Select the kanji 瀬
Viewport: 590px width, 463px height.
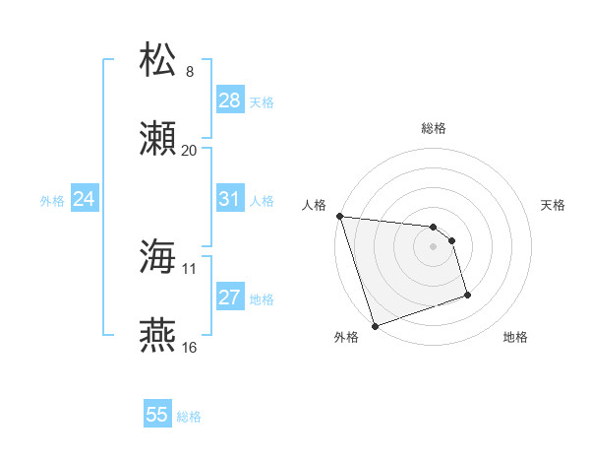pos(158,138)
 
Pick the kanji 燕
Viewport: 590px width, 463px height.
pos(158,336)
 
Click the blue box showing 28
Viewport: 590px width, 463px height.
pos(229,100)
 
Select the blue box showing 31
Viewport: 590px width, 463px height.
pos(229,199)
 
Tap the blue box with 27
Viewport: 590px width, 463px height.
pos(229,298)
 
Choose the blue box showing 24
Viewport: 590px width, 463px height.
pos(85,199)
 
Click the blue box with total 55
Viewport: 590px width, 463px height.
pos(157,415)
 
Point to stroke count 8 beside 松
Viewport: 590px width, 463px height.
pos(190,72)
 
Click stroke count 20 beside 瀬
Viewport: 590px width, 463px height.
pos(190,151)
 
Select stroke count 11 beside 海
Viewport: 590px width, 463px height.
pos(190,268)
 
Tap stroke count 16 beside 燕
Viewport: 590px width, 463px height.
pos(190,348)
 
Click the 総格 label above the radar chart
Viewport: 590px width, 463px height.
pos(434,128)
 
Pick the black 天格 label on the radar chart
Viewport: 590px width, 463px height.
pos(554,205)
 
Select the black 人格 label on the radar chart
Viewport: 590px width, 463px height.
pos(314,205)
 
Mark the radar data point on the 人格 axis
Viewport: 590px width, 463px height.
pos(339,216)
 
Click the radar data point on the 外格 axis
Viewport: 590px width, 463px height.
pos(375,325)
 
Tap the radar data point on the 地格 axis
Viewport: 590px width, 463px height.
pos(467,294)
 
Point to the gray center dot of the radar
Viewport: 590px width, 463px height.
pos(434,246)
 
